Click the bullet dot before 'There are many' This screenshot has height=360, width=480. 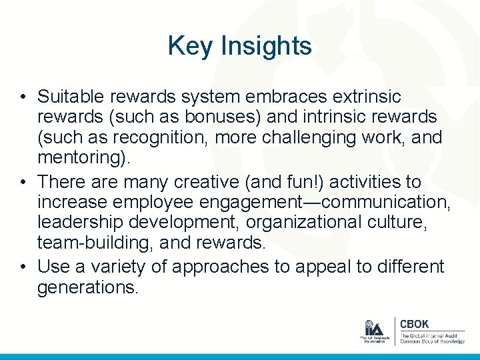(23, 181)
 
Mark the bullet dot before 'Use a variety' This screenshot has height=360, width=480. (23, 267)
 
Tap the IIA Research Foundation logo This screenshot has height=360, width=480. (374, 331)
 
